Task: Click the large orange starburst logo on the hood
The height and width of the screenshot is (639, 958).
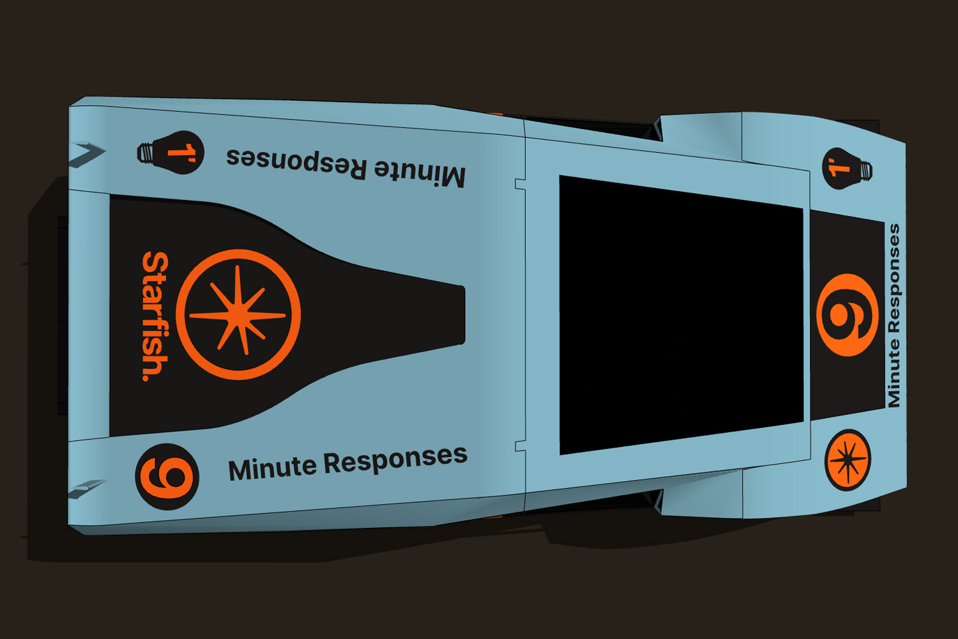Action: [x=238, y=314]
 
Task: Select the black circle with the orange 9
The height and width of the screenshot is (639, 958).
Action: [x=167, y=477]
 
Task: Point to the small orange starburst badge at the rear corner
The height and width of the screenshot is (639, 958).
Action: [x=848, y=460]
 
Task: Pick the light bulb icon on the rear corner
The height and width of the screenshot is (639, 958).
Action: [x=846, y=169]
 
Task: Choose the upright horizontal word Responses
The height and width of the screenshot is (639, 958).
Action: [x=395, y=459]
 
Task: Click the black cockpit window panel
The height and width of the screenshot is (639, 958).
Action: [x=681, y=314]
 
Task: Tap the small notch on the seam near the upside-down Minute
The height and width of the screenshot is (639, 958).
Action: [x=520, y=185]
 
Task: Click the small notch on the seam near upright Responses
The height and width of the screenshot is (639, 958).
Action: [x=520, y=445]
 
